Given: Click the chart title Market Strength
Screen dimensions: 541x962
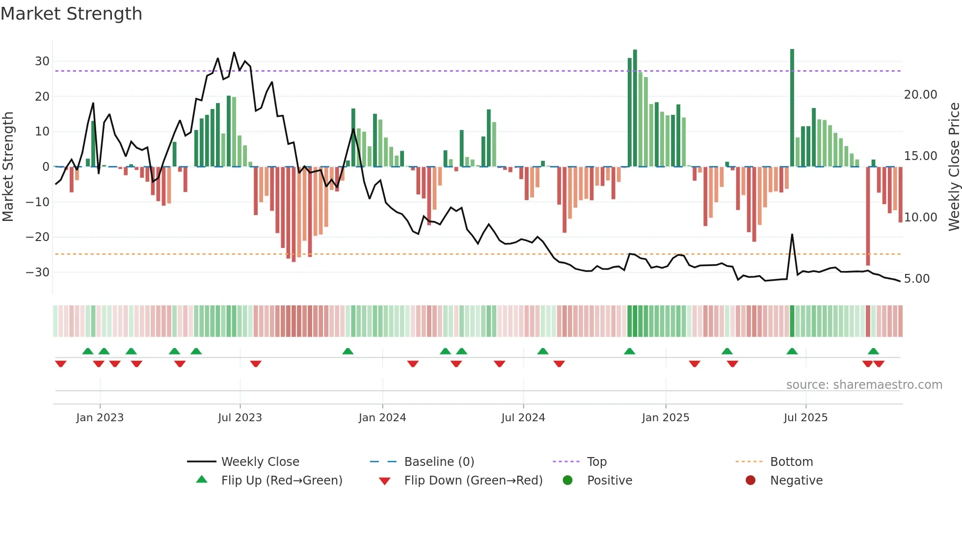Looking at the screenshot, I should click(71, 14).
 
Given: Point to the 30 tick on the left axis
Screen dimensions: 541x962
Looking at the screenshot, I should click(42, 61).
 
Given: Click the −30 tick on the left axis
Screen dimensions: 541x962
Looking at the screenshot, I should click(38, 272).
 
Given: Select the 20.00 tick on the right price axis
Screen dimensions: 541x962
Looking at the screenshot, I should click(920, 95).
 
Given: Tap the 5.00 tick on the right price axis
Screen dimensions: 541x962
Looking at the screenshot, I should click(917, 279).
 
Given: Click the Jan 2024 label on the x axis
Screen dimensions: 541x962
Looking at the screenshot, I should click(382, 418).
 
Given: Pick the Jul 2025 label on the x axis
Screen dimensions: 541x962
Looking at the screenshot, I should click(805, 418).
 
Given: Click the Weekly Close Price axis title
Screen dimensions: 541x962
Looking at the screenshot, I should click(954, 167).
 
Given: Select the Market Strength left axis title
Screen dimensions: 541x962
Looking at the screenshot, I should click(8, 167).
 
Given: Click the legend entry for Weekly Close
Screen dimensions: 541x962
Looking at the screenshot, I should click(260, 462).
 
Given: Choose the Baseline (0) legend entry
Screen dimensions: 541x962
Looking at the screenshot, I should click(439, 462).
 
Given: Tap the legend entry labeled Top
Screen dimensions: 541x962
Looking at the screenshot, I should click(596, 462).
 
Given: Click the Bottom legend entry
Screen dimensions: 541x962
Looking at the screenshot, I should click(791, 462).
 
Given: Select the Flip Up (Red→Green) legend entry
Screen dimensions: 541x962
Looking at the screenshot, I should click(281, 481).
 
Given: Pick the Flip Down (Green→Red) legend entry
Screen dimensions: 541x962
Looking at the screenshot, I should click(473, 481).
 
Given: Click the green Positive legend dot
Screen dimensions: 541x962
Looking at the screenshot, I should click(568, 481).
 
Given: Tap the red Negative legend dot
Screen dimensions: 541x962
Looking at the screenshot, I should click(750, 481).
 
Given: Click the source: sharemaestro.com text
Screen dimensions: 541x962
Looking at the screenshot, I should click(864, 385).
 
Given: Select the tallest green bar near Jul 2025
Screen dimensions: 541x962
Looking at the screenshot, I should click(792, 108).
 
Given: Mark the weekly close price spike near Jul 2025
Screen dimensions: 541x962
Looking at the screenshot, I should click(792, 235).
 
